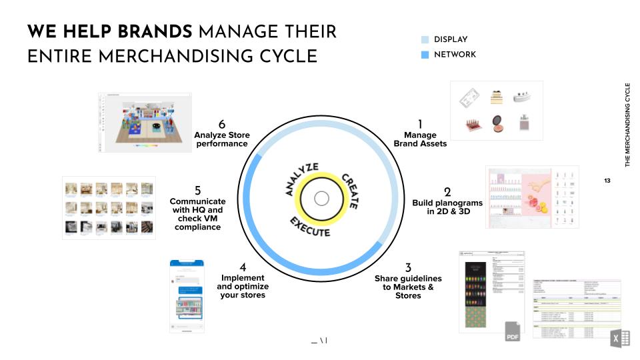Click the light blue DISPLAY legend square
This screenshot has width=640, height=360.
point(425,40)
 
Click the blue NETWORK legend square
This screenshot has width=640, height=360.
point(425,55)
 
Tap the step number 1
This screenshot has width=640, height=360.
point(420,124)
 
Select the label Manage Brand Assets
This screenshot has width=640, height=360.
point(420,139)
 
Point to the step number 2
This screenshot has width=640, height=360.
point(447,192)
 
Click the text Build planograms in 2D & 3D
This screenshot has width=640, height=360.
point(447,207)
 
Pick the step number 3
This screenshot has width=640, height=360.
point(408,268)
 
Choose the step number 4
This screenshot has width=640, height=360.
point(243,268)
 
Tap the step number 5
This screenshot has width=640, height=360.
point(197,191)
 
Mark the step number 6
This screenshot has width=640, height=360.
point(222,124)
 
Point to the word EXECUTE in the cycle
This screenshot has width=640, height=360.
point(310,225)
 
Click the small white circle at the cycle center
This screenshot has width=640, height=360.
point(321,199)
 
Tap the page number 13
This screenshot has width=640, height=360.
point(607,181)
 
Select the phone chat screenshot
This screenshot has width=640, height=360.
point(187,296)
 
